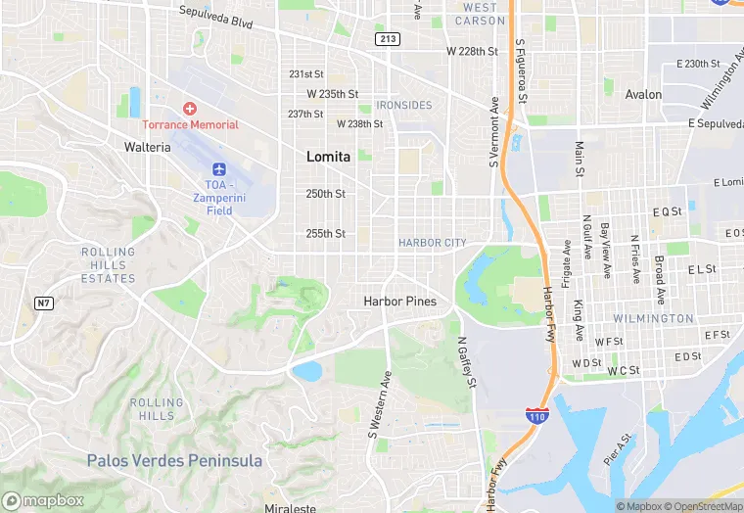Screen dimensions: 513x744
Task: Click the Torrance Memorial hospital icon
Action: point(190,108)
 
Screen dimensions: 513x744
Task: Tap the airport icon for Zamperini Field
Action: point(218,170)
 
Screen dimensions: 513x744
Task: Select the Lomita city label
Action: point(327,156)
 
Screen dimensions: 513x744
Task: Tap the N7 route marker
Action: point(43,303)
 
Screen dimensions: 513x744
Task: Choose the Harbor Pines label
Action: point(399,302)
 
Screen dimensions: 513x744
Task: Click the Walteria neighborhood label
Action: point(148,147)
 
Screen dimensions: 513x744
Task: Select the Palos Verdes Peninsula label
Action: point(174,460)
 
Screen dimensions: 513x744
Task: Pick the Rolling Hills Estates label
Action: point(108,265)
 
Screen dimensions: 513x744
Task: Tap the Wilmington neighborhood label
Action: point(653,319)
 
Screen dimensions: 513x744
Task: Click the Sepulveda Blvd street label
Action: point(216,14)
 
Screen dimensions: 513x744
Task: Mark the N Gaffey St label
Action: point(466,362)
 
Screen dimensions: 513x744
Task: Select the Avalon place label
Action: point(643,95)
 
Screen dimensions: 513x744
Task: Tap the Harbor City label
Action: point(432,243)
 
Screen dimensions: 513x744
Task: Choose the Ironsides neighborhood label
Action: point(403,105)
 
